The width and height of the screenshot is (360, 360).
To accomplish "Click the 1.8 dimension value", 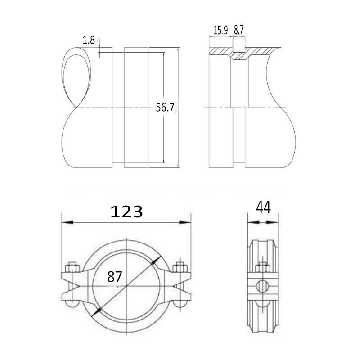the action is click(89, 40).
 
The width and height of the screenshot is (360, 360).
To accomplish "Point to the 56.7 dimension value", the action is click(165, 107).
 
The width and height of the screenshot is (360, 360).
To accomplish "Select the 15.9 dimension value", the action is click(220, 30).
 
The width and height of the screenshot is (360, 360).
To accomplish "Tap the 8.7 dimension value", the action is click(238, 30).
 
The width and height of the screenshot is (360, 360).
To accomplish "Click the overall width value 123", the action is click(126, 211).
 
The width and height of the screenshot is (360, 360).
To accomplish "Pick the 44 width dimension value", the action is click(263, 207).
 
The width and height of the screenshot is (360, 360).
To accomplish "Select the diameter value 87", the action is click(115, 276).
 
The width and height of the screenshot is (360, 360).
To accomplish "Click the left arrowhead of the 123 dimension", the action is click(67, 222).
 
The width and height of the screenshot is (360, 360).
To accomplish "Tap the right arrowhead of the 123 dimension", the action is click(185, 222).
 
